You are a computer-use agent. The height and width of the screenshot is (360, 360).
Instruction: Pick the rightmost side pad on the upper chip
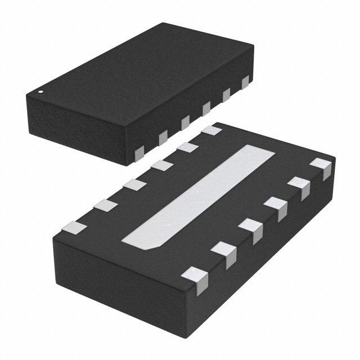coord(245,83)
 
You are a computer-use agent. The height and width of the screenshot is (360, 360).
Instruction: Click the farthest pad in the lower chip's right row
coord(322,168)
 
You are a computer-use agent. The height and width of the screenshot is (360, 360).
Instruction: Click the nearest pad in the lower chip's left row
coord(76,227)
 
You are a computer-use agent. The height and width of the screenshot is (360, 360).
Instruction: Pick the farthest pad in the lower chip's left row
coord(211,130)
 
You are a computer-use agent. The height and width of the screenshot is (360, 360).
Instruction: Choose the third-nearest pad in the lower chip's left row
coord(133,184)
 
